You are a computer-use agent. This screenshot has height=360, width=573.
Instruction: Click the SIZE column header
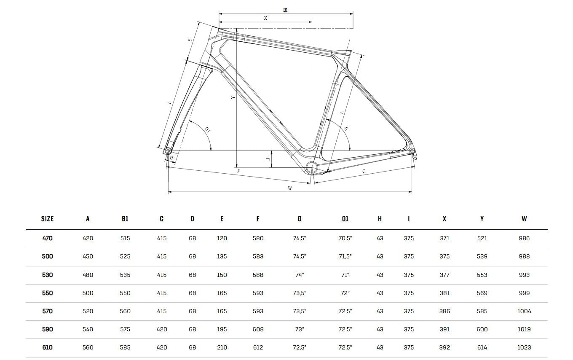(47, 219)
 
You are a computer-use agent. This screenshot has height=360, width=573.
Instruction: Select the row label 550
(47, 293)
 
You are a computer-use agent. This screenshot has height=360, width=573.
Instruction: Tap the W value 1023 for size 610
(524, 347)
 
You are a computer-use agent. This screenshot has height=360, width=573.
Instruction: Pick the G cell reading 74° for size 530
(300, 275)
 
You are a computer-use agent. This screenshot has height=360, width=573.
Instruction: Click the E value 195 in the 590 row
(222, 329)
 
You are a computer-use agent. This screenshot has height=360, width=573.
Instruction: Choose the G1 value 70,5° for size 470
(345, 238)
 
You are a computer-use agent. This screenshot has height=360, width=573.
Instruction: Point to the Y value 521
(482, 238)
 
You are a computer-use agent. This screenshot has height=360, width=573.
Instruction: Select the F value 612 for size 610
(258, 347)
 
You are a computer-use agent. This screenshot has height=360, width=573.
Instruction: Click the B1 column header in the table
(125, 219)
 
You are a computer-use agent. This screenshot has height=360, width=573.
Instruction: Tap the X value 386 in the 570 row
(444, 311)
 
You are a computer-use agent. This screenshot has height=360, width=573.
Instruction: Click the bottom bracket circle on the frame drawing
(311, 167)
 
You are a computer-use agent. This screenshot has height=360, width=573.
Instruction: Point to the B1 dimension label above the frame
(285, 10)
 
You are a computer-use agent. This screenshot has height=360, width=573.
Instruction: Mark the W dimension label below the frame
(290, 188)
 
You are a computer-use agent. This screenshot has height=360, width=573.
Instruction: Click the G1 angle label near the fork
(207, 130)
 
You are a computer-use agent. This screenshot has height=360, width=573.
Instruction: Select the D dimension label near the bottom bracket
(268, 159)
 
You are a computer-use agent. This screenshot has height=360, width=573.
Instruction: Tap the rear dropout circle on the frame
(412, 150)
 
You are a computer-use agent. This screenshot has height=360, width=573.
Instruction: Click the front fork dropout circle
(168, 150)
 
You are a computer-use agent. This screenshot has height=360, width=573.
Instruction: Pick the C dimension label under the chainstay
(364, 171)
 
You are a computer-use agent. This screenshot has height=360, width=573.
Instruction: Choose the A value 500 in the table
(88, 293)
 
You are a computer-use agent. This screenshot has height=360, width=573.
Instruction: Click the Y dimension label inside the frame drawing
(233, 97)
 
